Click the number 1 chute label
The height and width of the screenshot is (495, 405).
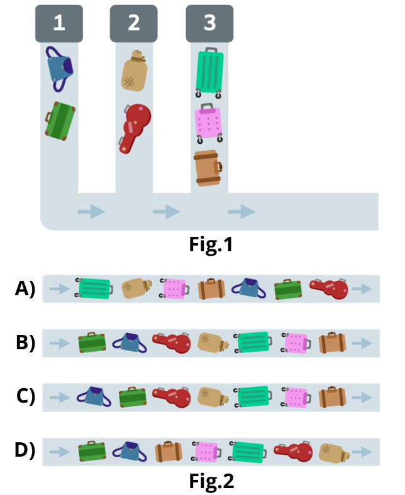click(58, 23)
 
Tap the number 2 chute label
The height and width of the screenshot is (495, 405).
click(133, 23)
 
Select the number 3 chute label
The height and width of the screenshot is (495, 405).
click(209, 23)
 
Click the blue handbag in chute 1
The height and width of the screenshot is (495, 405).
click(60, 70)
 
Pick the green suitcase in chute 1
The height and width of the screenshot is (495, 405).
click(60, 121)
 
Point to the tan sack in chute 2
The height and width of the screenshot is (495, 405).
click(133, 73)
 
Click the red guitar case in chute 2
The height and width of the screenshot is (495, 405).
click(135, 126)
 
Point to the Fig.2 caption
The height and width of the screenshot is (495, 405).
click(211, 481)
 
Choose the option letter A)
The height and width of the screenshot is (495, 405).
click(25, 289)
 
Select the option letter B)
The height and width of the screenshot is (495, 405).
click(25, 343)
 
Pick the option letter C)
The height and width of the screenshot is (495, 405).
click(25, 397)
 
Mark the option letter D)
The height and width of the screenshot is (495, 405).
click(25, 451)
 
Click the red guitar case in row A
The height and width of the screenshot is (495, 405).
click(330, 288)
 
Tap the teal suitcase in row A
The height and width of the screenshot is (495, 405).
click(94, 288)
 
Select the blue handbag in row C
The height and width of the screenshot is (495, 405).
click(95, 397)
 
